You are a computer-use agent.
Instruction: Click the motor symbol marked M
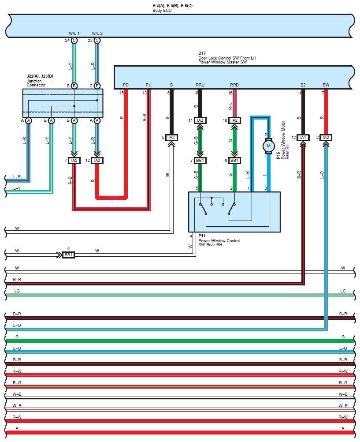(268, 146)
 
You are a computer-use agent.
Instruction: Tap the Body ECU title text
(162, 11)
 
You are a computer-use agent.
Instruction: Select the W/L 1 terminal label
(74, 33)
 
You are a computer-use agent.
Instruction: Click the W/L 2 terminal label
(97, 33)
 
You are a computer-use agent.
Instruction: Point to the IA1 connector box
(303, 138)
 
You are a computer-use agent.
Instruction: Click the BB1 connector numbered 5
(68, 255)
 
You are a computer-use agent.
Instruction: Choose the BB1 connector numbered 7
(200, 161)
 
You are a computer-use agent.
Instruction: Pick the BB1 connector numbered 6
(234, 161)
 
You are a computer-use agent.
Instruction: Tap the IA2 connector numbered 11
(200, 120)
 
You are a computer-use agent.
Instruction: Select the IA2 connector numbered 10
(234, 120)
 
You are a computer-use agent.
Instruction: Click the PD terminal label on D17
(126, 85)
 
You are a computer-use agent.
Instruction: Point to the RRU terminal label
(200, 85)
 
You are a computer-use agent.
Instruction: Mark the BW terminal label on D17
(326, 85)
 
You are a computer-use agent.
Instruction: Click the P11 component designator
(202, 236)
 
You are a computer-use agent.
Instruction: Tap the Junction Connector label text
(36, 83)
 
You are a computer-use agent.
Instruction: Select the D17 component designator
(202, 53)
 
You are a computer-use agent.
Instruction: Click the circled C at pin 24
(74, 40)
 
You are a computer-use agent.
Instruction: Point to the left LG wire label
(17, 291)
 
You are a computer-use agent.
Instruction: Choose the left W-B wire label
(17, 394)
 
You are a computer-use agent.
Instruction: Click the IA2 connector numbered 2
(326, 138)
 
